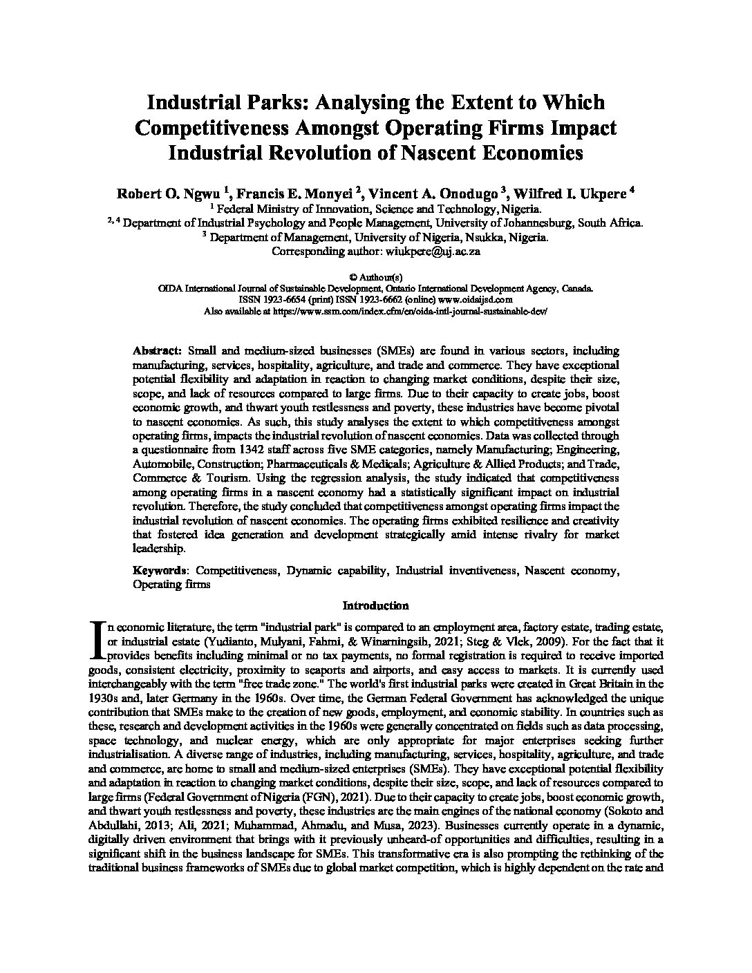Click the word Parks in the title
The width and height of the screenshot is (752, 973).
[x=278, y=102]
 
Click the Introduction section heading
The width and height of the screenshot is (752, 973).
[x=376, y=605]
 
